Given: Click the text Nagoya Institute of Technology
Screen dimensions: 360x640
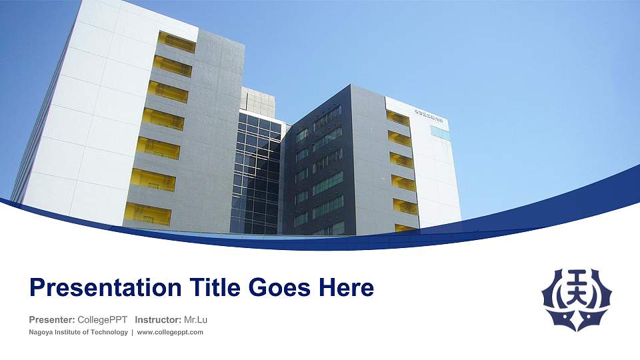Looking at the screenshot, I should pyautogui.click(x=78, y=332).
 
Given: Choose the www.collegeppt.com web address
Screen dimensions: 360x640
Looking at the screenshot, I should pyautogui.click(x=170, y=332).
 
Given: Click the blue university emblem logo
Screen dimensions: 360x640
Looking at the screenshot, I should pyautogui.click(x=577, y=299).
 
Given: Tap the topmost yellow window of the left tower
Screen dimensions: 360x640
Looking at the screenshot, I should pyautogui.click(x=177, y=42).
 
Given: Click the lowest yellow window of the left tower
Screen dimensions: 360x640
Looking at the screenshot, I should pyautogui.click(x=147, y=213).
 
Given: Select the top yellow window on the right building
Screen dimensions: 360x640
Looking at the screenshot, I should pyautogui.click(x=398, y=117).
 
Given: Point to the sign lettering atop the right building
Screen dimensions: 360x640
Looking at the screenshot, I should pyautogui.click(x=431, y=120).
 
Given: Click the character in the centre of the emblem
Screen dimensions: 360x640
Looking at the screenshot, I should pyautogui.click(x=577, y=293).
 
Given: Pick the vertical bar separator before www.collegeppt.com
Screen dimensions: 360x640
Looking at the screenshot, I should pyautogui.click(x=132, y=332).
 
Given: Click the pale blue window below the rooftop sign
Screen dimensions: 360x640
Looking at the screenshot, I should pyautogui.click(x=440, y=132).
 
